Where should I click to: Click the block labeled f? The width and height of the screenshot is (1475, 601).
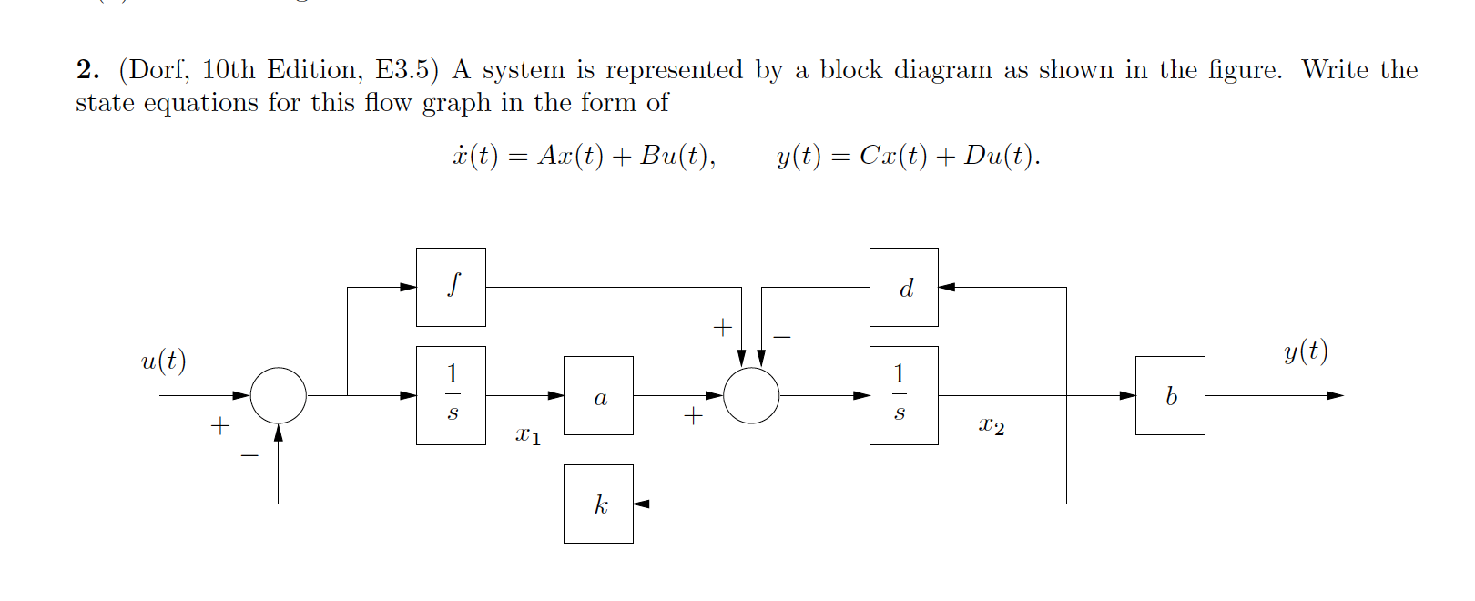pyautogui.click(x=451, y=287)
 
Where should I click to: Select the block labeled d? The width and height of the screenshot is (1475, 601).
pyautogui.click(x=903, y=287)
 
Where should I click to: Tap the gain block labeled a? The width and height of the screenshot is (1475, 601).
pyautogui.click(x=598, y=395)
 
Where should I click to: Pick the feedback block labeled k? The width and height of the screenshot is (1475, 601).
pyautogui.click(x=598, y=504)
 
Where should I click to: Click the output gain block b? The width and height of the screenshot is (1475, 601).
pyautogui.click(x=1170, y=395)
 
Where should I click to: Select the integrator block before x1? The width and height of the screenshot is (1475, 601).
pyautogui.click(x=451, y=395)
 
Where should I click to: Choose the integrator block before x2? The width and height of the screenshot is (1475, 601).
pyautogui.click(x=903, y=395)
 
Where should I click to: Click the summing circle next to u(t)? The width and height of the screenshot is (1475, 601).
pyautogui.click(x=278, y=395)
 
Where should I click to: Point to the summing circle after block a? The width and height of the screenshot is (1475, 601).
pyautogui.click(x=751, y=395)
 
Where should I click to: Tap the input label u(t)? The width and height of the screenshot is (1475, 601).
pyautogui.click(x=164, y=361)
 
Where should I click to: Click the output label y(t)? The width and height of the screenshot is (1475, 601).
pyautogui.click(x=1306, y=351)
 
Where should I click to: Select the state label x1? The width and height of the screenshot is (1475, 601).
pyautogui.click(x=528, y=435)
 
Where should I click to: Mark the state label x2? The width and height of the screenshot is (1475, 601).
pyautogui.click(x=992, y=425)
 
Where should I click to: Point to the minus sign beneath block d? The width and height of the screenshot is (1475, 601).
pyautogui.click(x=782, y=337)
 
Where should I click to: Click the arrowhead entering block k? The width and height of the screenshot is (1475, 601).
pyautogui.click(x=641, y=504)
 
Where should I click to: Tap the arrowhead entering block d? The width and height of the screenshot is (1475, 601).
pyautogui.click(x=946, y=287)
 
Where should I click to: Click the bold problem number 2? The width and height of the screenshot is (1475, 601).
pyautogui.click(x=87, y=70)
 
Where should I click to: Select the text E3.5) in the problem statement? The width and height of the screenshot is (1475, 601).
pyautogui.click(x=407, y=70)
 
